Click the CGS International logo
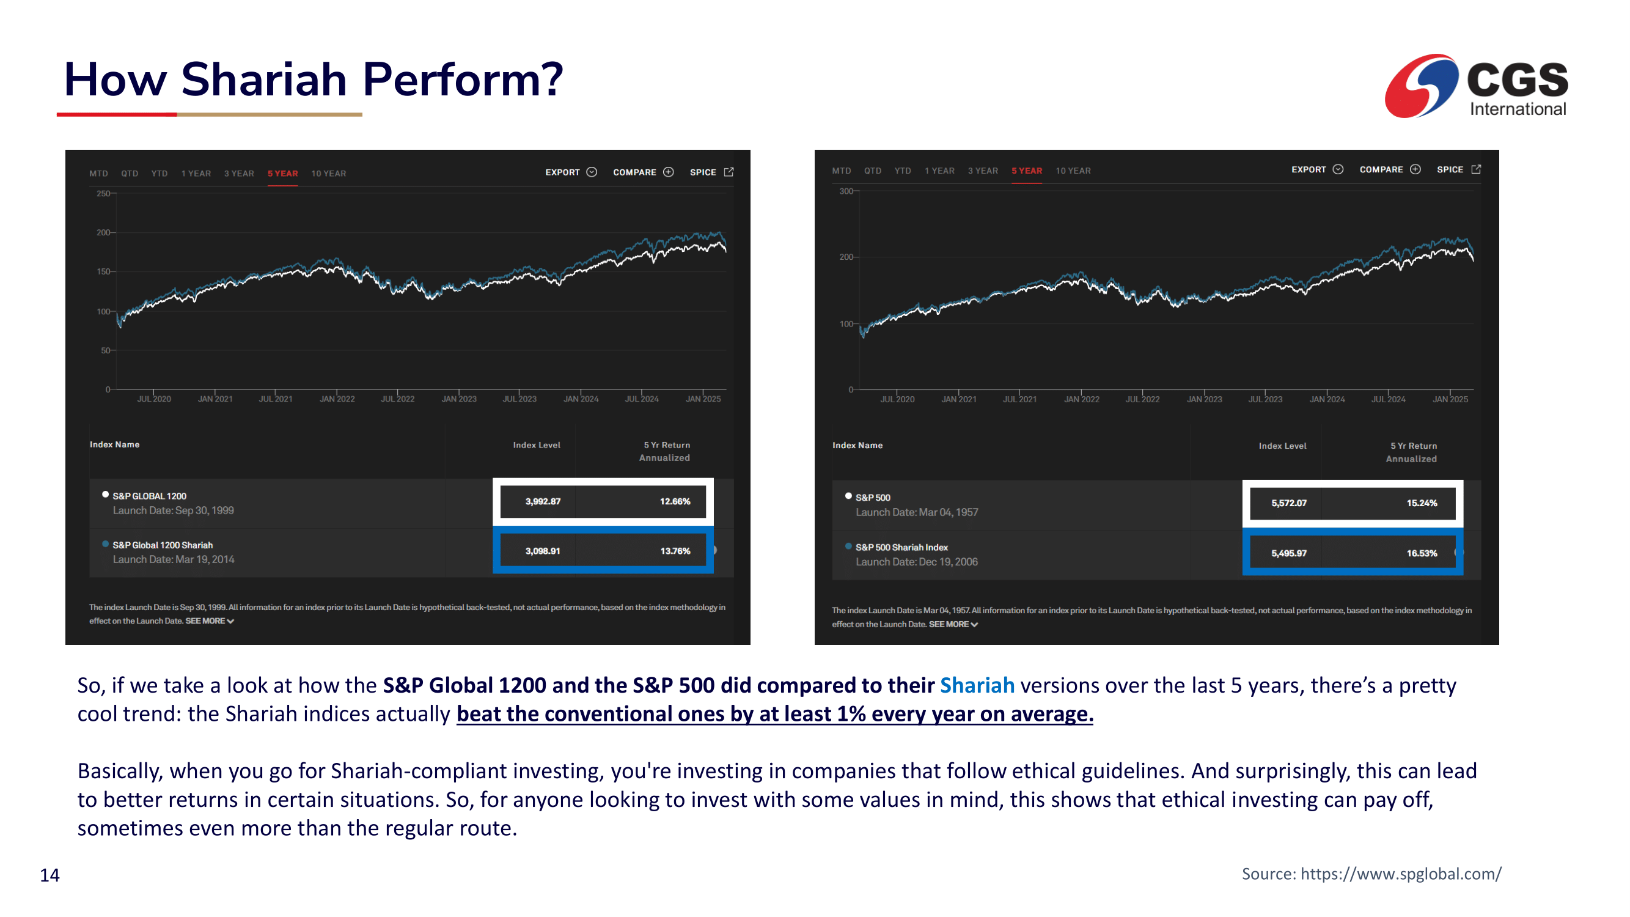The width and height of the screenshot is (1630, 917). (1475, 86)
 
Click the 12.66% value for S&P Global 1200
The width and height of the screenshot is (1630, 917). (675, 501)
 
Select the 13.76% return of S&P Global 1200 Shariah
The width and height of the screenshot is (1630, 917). (675, 551)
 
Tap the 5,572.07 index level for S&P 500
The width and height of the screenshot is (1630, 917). (1288, 503)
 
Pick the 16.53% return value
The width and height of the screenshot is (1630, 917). (1421, 553)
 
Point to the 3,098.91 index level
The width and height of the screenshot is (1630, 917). (542, 551)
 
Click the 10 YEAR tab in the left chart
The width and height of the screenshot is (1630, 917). (328, 174)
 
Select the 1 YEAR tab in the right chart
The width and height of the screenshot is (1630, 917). (939, 171)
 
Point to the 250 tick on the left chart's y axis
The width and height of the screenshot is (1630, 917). (103, 194)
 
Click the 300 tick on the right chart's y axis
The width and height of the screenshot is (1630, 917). (845, 191)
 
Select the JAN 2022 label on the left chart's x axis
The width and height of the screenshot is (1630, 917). (337, 399)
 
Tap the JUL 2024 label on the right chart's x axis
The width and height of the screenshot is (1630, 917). (1387, 399)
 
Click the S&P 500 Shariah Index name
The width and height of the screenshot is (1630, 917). (901, 547)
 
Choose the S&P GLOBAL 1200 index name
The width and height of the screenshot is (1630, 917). (149, 496)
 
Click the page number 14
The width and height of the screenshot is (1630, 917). (50, 875)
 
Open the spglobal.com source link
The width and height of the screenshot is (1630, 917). (1400, 874)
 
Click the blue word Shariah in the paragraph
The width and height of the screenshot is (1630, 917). (977, 685)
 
